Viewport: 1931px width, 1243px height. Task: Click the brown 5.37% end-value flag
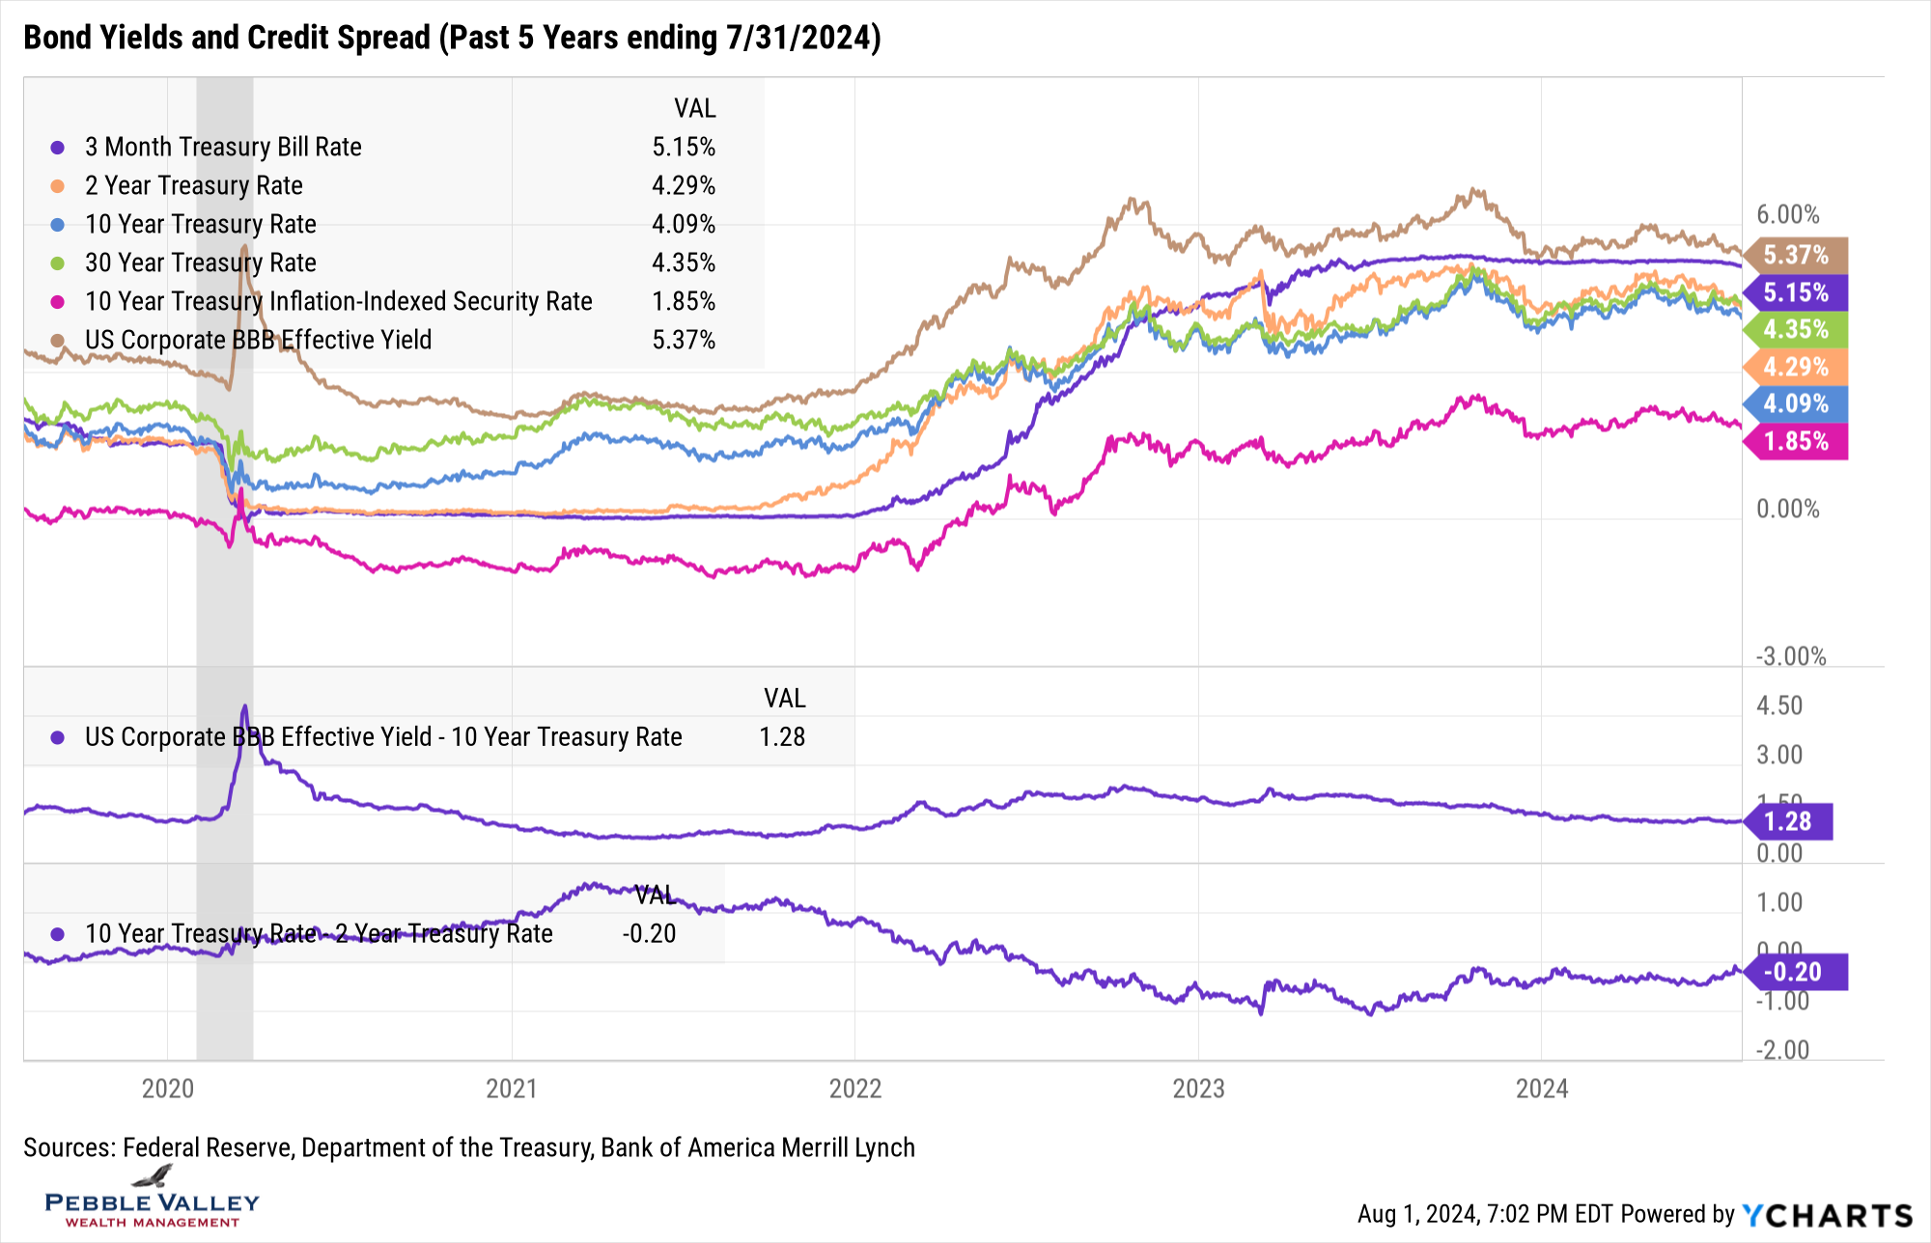point(1796,255)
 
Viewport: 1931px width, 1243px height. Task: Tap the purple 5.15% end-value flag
point(1796,292)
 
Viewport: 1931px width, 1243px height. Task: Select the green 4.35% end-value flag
point(1796,329)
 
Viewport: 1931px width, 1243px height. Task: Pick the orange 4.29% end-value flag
point(1796,367)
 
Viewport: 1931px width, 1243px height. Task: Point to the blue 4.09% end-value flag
point(1796,403)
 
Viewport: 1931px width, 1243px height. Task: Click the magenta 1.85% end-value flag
point(1796,441)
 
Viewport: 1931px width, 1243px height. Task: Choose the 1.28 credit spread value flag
point(1788,821)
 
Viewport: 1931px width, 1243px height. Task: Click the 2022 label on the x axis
point(854,1089)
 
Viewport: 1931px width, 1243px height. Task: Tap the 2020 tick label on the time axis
point(168,1089)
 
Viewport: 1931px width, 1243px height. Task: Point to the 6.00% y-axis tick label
point(1787,214)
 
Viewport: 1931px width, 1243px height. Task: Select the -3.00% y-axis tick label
point(1791,656)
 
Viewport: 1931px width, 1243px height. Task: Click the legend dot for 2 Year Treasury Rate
point(58,185)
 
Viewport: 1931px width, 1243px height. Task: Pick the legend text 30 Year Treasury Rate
point(200,262)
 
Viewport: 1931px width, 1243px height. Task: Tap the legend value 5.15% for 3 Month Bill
point(684,147)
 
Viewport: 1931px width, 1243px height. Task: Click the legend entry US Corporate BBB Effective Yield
point(258,340)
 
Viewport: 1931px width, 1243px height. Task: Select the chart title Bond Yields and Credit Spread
point(452,38)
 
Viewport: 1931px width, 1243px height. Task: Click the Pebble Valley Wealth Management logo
point(153,1199)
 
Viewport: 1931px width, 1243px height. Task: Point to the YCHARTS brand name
point(1828,1215)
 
